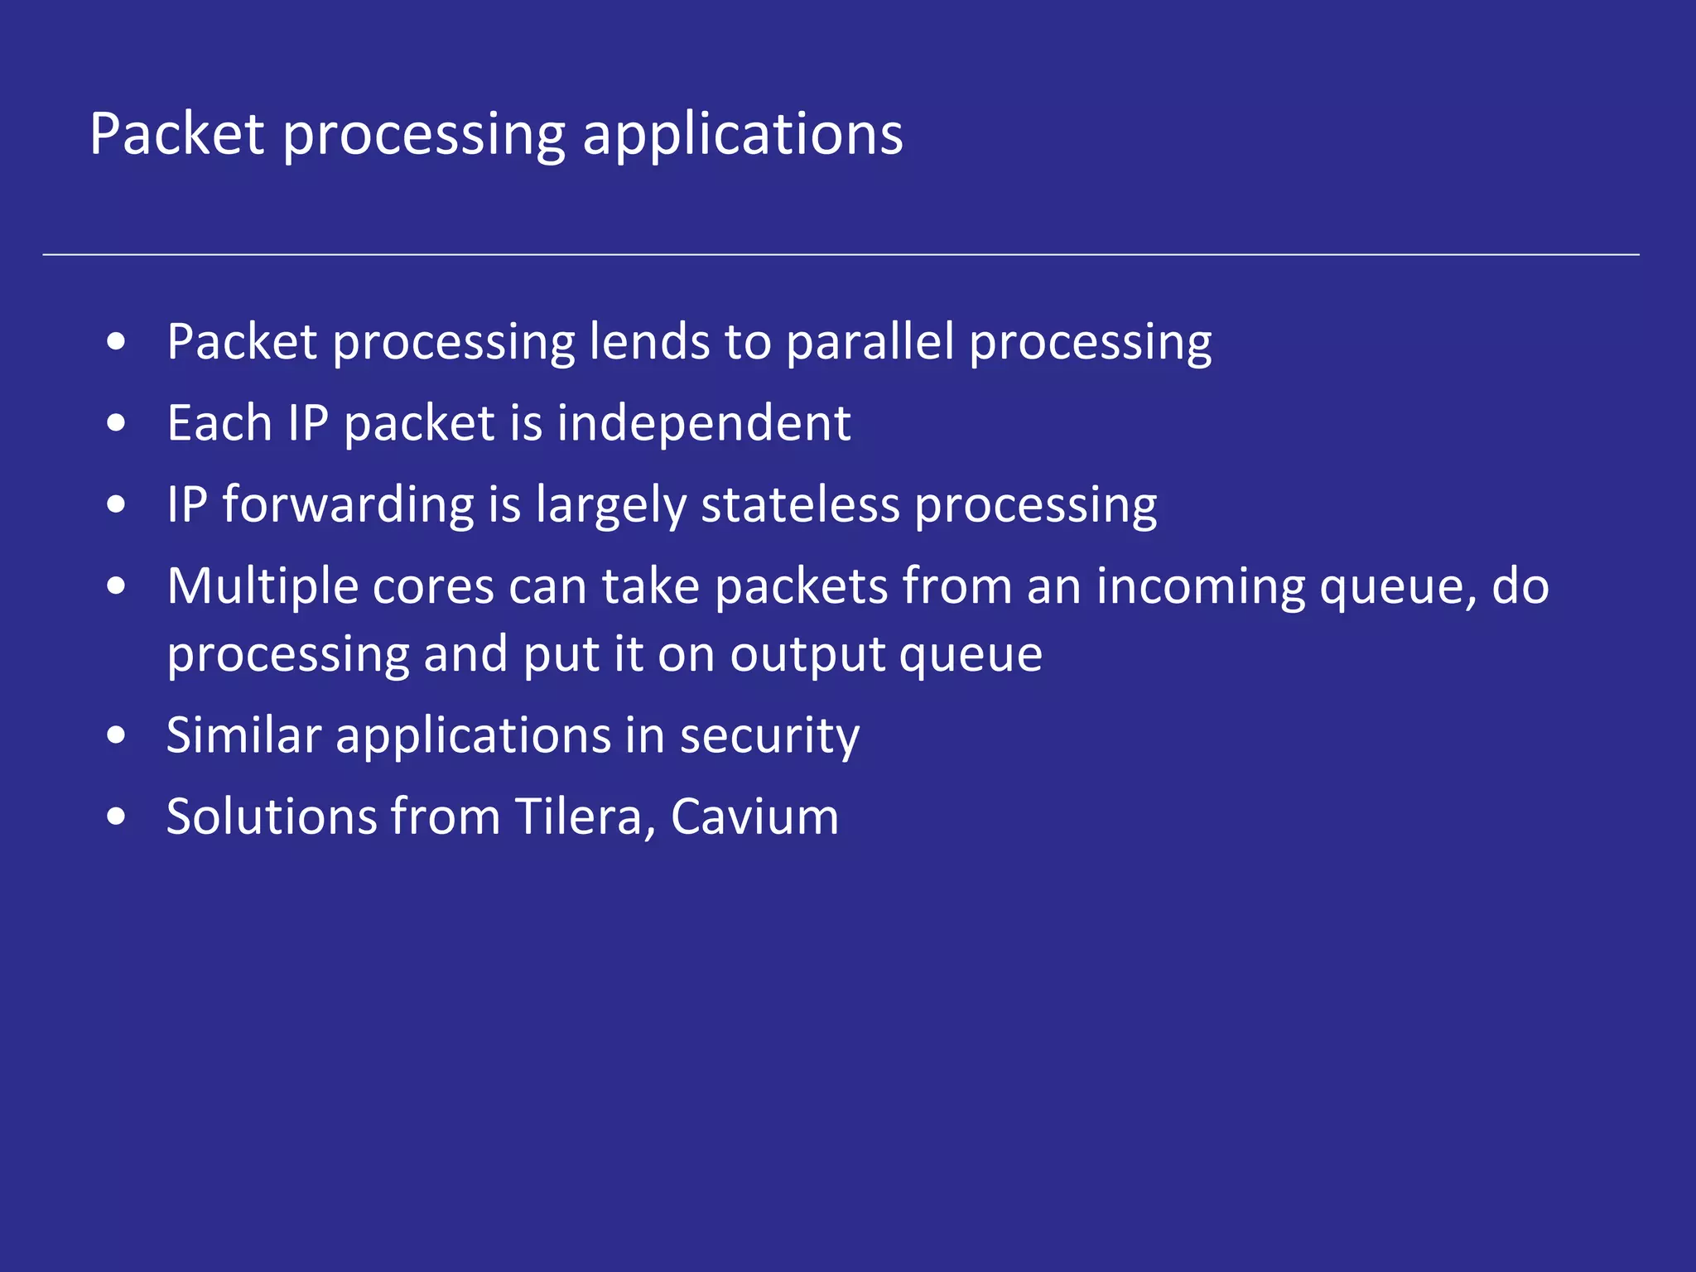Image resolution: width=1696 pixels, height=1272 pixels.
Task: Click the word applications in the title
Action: coord(742,135)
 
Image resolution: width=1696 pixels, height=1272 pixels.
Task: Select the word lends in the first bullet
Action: coord(649,341)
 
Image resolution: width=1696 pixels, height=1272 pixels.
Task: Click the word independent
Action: coord(703,423)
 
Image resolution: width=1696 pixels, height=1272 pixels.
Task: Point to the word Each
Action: coord(219,423)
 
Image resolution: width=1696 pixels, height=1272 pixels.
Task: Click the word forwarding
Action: coord(348,505)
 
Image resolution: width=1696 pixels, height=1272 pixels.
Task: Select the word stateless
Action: coord(800,505)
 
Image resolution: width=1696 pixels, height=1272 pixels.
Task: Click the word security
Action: coord(769,736)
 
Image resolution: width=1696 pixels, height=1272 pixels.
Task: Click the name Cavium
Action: coord(754,817)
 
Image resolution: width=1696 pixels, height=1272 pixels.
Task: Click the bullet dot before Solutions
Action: coord(117,817)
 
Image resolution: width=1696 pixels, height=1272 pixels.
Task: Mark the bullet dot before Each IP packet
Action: coord(117,423)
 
